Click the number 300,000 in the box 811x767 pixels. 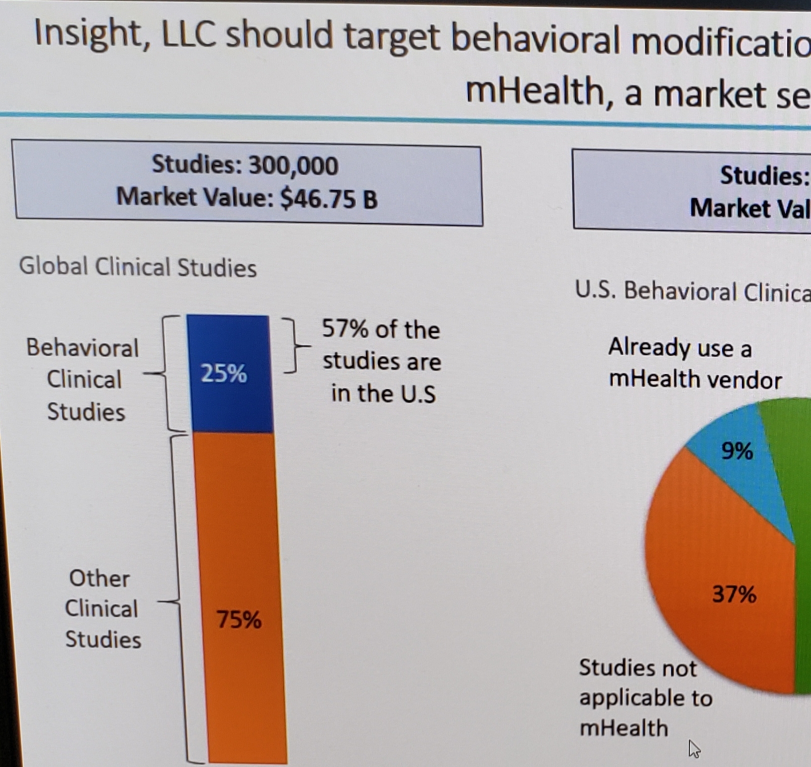pos(293,165)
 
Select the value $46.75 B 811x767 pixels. pos(328,198)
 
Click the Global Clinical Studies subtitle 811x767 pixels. pos(138,267)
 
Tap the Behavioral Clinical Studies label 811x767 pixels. pos(83,380)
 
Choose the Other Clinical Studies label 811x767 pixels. pos(102,609)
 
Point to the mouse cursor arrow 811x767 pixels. pos(694,748)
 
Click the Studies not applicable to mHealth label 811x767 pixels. pos(645,698)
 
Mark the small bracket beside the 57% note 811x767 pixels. pos(295,345)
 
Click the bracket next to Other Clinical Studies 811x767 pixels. pos(177,600)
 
